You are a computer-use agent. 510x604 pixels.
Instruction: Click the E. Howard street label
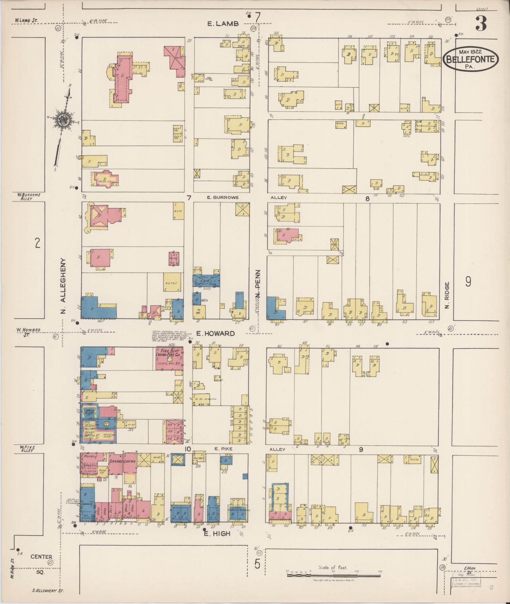(215, 333)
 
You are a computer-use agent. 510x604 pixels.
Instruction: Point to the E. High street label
(217, 533)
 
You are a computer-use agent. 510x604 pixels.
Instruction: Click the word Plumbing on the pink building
(90, 456)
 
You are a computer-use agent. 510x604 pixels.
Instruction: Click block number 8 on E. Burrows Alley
(367, 198)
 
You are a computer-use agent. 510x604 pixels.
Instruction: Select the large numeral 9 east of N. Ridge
(468, 281)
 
